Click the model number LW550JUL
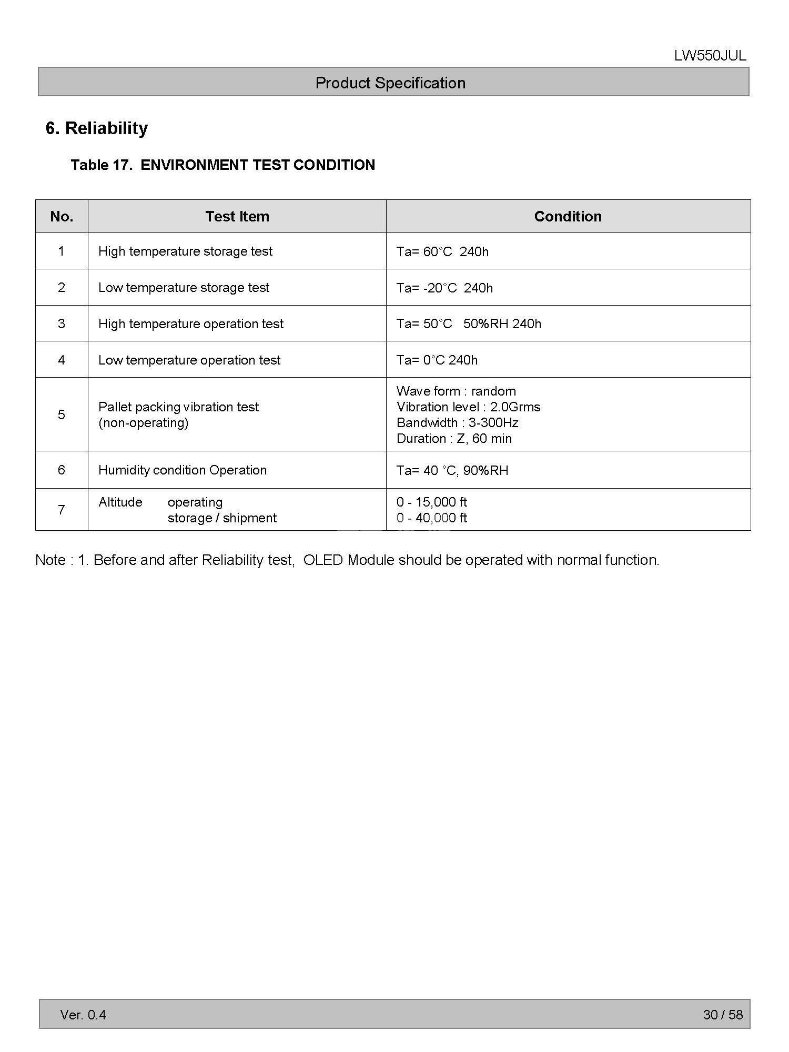pyautogui.click(x=710, y=56)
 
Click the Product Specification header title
pyautogui.click(x=390, y=83)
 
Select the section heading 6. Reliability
pyautogui.click(x=97, y=128)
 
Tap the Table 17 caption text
pyautogui.click(x=222, y=165)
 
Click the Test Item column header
pyautogui.click(x=237, y=216)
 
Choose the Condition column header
pyautogui.click(x=568, y=216)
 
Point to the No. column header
pyautogui.click(x=62, y=216)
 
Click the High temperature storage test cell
pyautogui.click(x=185, y=251)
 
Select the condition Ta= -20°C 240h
pyautogui.click(x=444, y=288)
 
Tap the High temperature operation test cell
pyautogui.click(x=190, y=324)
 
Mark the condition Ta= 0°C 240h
pyautogui.click(x=437, y=360)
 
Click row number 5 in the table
pyautogui.click(x=62, y=414)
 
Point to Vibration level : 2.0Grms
pyautogui.click(x=468, y=407)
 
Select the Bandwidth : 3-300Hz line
pyautogui.click(x=457, y=423)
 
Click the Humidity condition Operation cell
pyautogui.click(x=183, y=470)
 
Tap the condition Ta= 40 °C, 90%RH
pyautogui.click(x=452, y=470)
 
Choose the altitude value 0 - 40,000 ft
pyautogui.click(x=431, y=518)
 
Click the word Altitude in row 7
pyautogui.click(x=120, y=502)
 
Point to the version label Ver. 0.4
pyautogui.click(x=83, y=1015)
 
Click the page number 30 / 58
pyautogui.click(x=723, y=1015)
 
